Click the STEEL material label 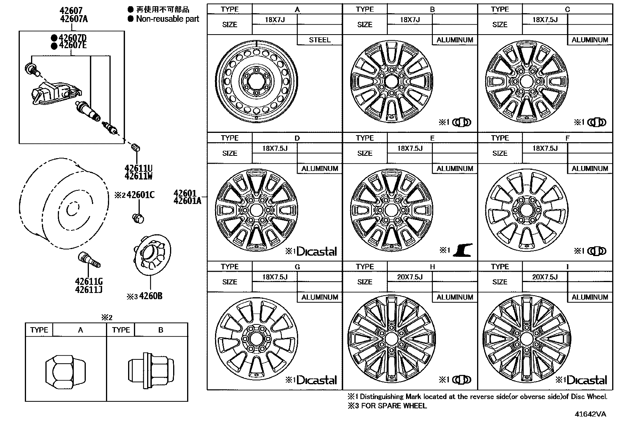pyautogui.click(x=319, y=40)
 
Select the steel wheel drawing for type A pyautogui.click(x=256, y=82)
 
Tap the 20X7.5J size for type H pyautogui.click(x=410, y=277)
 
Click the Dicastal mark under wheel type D pyautogui.click(x=316, y=251)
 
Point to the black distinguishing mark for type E pyautogui.click(x=463, y=250)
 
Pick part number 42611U pyautogui.click(x=139, y=168)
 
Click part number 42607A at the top pyautogui.click(x=74, y=19)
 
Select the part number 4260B pyautogui.click(x=151, y=296)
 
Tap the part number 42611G pyautogui.click(x=89, y=281)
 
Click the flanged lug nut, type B pyautogui.click(x=151, y=370)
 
